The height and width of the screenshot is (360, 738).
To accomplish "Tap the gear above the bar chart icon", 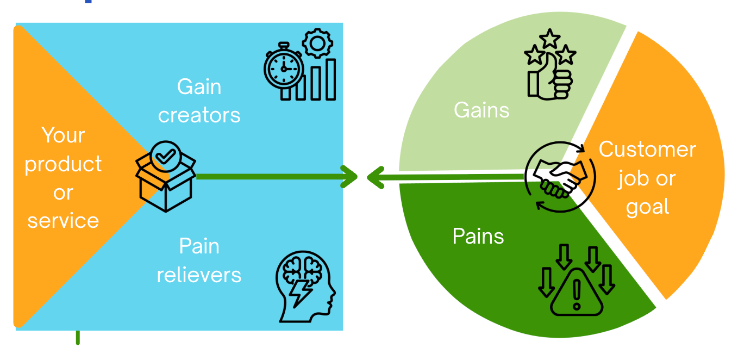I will tap(317, 44).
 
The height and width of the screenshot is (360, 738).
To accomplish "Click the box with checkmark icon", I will tap(165, 177).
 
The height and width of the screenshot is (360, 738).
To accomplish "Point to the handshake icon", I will tap(560, 177).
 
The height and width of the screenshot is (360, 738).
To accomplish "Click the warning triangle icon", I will tap(577, 294).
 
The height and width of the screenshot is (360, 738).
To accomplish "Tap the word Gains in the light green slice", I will tap(481, 110).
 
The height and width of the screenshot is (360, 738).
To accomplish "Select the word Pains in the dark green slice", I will tap(478, 237).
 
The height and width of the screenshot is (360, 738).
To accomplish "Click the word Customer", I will tap(647, 150).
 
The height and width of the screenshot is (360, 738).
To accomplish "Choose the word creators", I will tap(199, 115).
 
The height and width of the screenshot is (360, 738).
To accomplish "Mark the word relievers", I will tap(199, 275).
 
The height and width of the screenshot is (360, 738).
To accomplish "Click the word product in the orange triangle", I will tap(64, 164).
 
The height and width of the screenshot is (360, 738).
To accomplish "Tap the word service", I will tap(64, 221).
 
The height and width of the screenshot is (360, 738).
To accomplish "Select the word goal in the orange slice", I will tap(647, 207).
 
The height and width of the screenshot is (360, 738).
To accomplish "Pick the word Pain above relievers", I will tap(199, 246).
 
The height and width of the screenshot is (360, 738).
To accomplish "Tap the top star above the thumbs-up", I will tap(550, 38).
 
